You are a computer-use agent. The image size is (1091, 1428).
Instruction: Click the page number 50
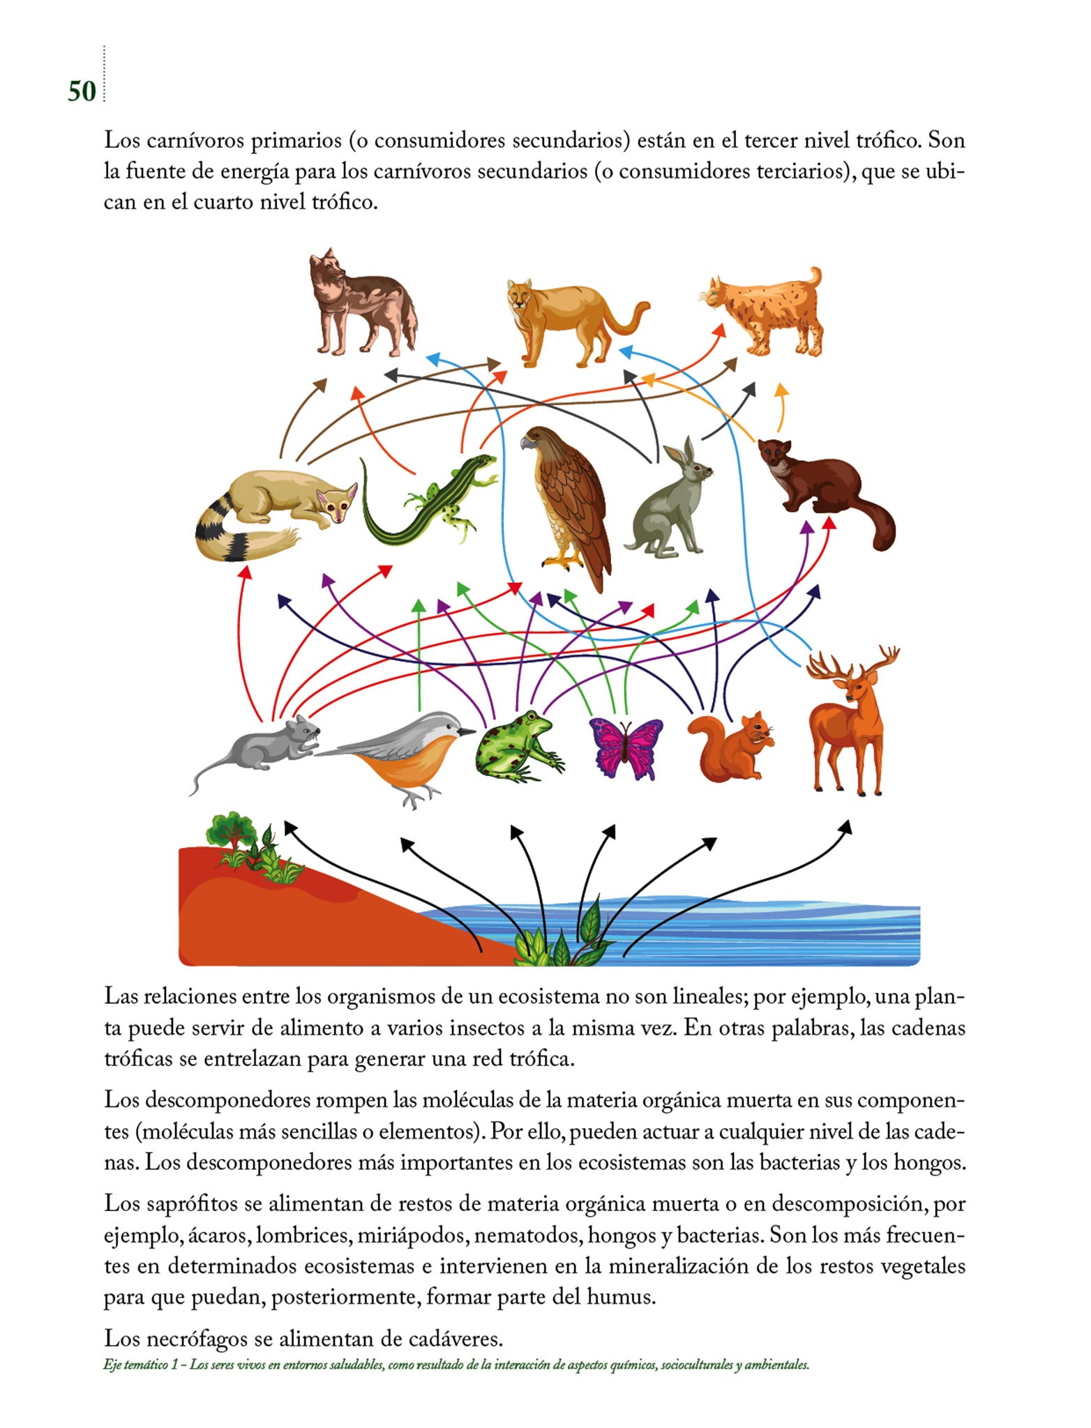pos(82,91)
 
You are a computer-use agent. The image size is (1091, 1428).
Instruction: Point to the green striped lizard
pos(426,502)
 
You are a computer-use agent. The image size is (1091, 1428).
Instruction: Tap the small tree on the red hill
pos(230,830)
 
